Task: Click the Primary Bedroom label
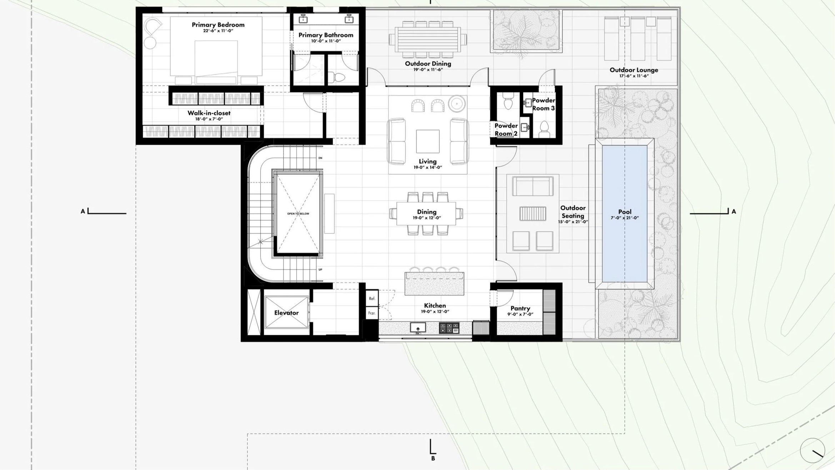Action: (218, 25)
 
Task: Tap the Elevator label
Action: (286, 313)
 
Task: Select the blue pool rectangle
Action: (624, 214)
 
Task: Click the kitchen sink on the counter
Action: (417, 327)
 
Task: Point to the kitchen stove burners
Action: (449, 328)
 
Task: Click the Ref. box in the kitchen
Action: (372, 298)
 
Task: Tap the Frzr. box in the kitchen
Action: (372, 313)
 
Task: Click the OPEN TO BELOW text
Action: (298, 214)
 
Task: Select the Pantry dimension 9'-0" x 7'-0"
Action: (520, 315)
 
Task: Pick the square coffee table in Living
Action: (427, 142)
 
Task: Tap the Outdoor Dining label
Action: (428, 64)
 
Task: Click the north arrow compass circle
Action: (812, 451)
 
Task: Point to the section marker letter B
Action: (433, 458)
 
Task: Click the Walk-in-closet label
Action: (209, 113)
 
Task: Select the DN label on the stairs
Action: (320, 158)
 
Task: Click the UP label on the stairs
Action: (320, 269)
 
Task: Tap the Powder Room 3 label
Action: (543, 104)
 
